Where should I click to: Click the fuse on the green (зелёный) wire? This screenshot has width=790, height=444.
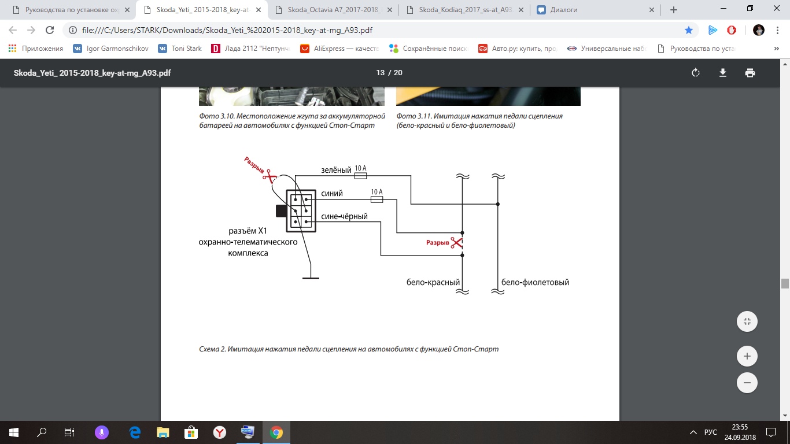pos(360,176)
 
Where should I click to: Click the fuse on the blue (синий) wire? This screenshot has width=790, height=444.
pos(376,199)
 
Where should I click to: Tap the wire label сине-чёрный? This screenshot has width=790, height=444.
pos(344,216)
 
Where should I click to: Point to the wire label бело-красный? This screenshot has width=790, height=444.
pos(433,282)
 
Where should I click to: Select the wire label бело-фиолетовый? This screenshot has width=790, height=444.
pos(535,282)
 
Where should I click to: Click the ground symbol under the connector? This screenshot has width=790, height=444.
pos(311,278)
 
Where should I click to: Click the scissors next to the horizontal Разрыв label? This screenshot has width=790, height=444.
pos(456,243)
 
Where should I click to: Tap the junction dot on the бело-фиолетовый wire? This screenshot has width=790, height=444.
pos(497,204)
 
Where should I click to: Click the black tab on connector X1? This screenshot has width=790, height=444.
pos(281,211)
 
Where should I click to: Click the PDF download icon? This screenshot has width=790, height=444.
pos(723,73)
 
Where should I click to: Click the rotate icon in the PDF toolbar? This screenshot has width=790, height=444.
pos(696,73)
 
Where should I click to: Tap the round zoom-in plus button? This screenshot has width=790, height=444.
pos(747,356)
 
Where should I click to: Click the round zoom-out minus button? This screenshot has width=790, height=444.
pos(747,383)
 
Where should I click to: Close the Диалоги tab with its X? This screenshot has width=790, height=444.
pos(652,10)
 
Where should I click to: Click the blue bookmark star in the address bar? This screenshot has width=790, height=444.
pos(688,30)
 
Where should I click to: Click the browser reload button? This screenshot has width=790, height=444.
pos(50,30)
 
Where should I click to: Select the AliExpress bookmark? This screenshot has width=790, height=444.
pos(339,49)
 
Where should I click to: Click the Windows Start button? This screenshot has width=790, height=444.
pos(13,432)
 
